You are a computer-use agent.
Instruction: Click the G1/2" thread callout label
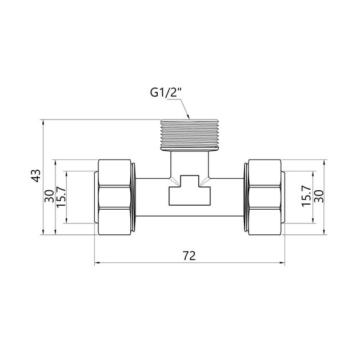[x=166, y=93]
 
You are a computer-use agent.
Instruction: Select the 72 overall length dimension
[x=189, y=256]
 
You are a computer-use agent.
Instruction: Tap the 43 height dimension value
[x=36, y=176]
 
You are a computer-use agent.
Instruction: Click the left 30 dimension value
[x=49, y=196]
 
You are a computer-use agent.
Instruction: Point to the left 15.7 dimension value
[x=61, y=197]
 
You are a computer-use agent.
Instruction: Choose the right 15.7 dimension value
[x=306, y=197]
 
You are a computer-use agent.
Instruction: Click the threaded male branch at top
[x=189, y=135]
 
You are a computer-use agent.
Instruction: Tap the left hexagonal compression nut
[x=114, y=197]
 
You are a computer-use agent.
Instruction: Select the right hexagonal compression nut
[x=265, y=197]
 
